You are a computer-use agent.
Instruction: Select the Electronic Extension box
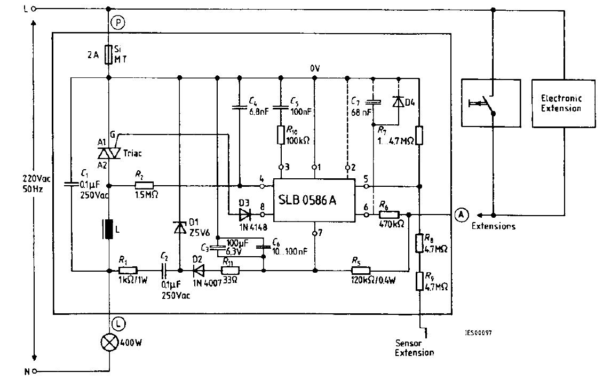563,103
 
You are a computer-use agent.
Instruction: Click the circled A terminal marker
461,215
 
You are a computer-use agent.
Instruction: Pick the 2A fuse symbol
109,53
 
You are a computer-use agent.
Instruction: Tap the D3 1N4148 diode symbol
245,215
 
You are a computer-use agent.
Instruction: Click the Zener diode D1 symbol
179,227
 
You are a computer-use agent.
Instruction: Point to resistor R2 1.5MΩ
144,186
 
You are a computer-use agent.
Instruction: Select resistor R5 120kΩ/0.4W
361,270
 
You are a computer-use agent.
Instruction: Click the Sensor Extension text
414,347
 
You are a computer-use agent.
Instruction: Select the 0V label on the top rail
315,68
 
